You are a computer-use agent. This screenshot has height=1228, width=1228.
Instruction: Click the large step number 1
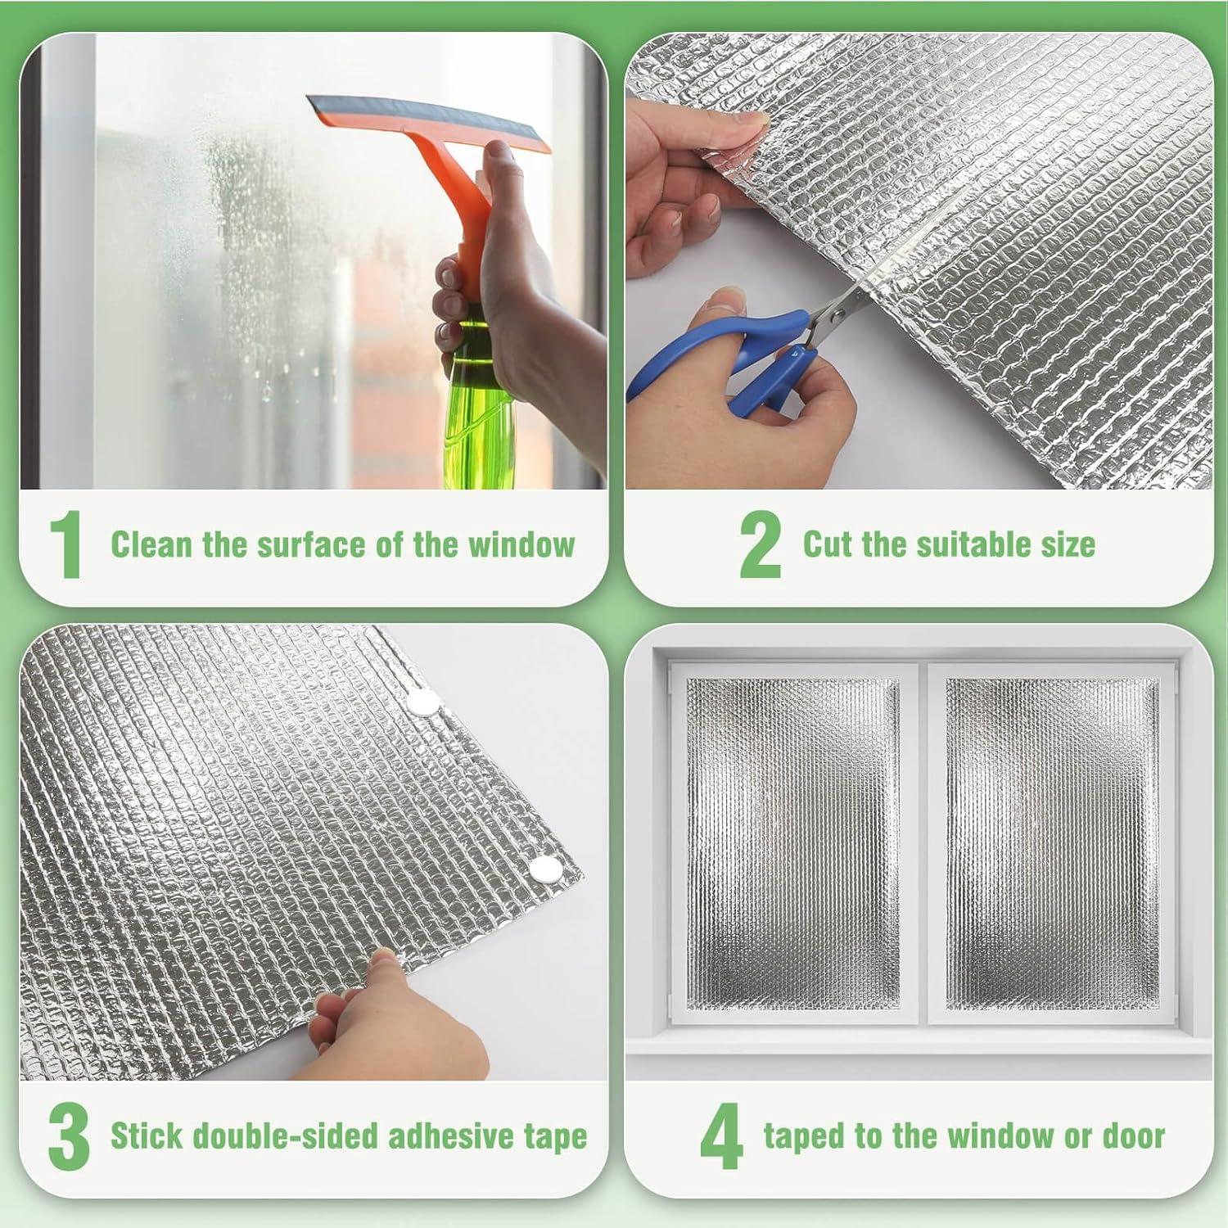click(x=66, y=544)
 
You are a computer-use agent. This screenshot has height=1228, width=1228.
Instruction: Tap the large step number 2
click(x=759, y=544)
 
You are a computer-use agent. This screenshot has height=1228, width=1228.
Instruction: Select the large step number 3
click(x=69, y=1136)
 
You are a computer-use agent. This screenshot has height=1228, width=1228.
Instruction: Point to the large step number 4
click(x=720, y=1136)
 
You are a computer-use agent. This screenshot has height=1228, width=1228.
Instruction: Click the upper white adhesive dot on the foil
click(x=423, y=701)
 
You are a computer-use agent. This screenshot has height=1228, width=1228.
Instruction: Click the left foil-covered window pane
click(x=792, y=843)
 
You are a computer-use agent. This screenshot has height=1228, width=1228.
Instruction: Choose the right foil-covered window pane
click(x=1053, y=843)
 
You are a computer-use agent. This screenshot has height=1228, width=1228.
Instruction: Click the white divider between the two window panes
click(x=923, y=843)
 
